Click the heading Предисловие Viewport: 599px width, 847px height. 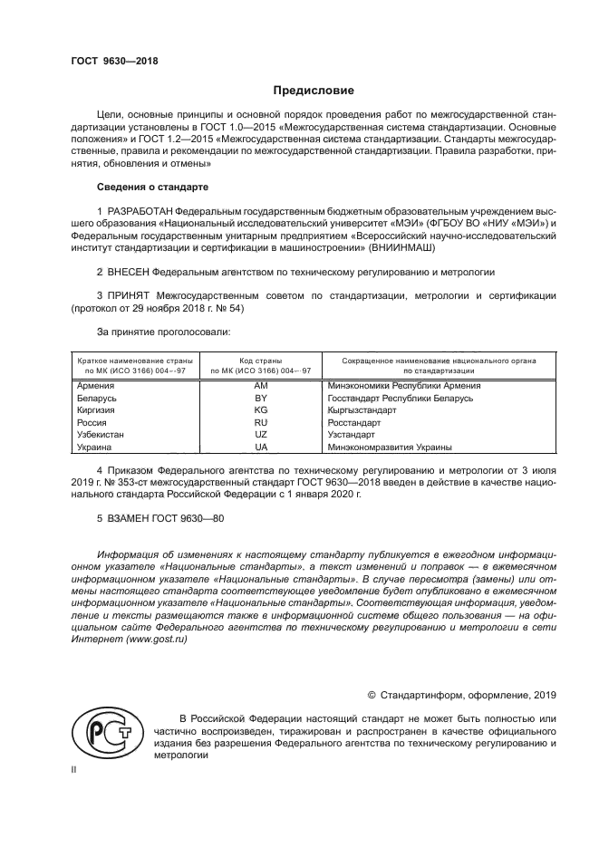(314, 91)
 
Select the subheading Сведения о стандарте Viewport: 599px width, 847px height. (152, 188)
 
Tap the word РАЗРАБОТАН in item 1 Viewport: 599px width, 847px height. (142, 211)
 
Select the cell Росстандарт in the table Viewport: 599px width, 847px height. (353, 423)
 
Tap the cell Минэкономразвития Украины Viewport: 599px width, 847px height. (390, 448)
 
